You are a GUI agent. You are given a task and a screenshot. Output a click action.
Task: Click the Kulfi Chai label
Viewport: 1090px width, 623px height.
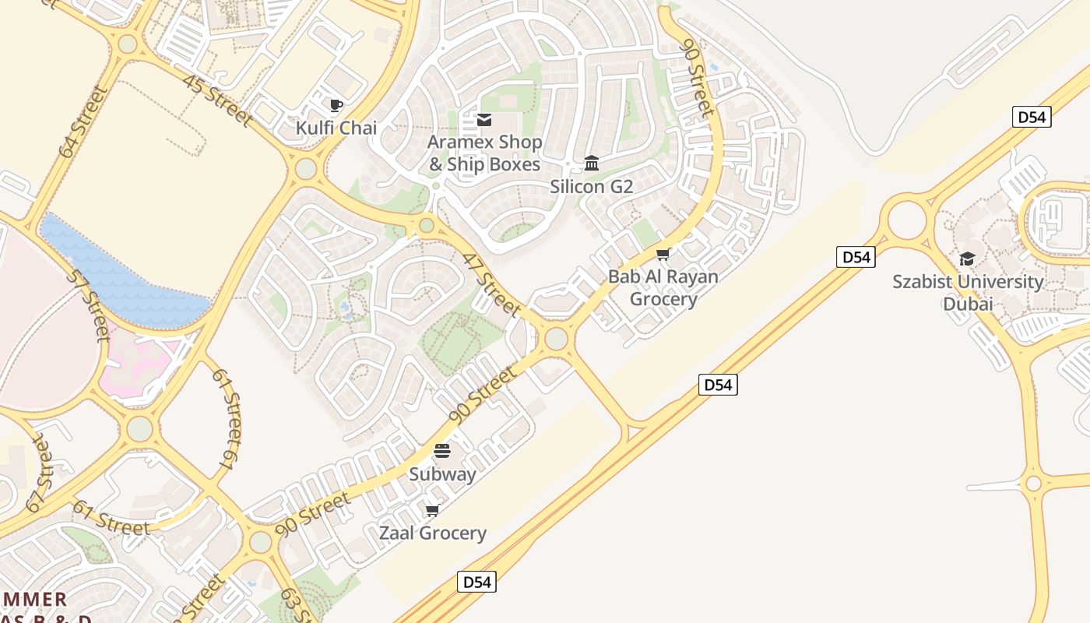336,128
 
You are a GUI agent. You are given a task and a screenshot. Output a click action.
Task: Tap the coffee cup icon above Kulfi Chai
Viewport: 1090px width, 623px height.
336,105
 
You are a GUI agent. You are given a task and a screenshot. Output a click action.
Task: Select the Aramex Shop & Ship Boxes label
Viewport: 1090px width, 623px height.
484,153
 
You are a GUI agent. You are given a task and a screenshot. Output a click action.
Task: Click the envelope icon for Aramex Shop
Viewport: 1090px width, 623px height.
484,120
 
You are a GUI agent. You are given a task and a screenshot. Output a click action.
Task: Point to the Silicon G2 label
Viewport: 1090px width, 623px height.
592,187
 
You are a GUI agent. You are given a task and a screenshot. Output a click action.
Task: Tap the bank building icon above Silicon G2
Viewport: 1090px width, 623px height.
592,164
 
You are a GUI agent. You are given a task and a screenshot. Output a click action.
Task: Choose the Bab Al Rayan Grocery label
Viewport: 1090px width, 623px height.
663,287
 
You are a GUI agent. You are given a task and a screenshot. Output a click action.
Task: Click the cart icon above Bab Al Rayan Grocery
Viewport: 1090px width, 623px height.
663,254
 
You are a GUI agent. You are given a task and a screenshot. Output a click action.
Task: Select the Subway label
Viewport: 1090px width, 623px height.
442,473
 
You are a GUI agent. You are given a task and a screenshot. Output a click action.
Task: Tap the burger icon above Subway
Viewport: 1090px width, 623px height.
442,451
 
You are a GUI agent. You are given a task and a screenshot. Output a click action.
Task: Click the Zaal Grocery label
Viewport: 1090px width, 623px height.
433,533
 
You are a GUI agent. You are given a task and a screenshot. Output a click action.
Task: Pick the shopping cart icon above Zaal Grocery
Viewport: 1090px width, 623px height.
433,510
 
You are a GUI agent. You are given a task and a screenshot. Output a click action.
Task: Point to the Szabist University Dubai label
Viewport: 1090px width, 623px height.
968,292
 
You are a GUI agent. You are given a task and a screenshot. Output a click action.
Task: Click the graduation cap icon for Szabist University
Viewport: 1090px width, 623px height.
968,259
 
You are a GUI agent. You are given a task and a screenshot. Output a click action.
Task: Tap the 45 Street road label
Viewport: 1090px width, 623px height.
217,100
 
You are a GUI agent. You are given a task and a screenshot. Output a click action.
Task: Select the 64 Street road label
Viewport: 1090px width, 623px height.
83,122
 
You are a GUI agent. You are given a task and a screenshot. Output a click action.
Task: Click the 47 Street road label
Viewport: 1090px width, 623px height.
491,284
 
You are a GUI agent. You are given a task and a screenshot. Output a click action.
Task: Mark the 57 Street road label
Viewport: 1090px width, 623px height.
88,305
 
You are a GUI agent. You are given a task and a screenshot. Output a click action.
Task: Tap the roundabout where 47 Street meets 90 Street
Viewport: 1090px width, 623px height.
556,339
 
